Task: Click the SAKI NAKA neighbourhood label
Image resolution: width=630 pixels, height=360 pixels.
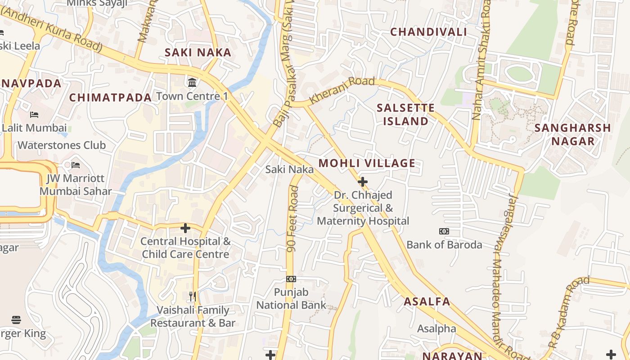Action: (198, 52)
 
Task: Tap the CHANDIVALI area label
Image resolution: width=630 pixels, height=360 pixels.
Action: (428, 31)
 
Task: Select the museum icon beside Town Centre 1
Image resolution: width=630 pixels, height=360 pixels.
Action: (192, 82)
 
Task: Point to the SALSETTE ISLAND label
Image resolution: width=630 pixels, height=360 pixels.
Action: (405, 114)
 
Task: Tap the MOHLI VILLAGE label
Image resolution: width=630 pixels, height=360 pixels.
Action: (367, 163)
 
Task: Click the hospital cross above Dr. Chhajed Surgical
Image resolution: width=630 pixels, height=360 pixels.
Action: (362, 182)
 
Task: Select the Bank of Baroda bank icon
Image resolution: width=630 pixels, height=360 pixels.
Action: (444, 231)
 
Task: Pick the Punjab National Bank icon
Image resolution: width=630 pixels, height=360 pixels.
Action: (291, 279)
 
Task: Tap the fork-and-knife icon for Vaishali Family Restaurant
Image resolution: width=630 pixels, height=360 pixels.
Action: (193, 297)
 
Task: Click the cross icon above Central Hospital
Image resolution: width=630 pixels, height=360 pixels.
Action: (185, 228)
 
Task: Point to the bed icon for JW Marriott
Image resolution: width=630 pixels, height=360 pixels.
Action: (75, 165)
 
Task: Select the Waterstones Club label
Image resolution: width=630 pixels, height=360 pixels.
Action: (62, 145)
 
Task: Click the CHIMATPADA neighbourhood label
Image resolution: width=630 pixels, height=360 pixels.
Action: (110, 97)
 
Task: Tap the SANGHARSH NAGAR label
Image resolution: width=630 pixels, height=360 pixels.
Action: (573, 135)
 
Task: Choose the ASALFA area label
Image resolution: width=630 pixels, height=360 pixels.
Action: (427, 301)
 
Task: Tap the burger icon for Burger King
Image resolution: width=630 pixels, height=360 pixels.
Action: (16, 320)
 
